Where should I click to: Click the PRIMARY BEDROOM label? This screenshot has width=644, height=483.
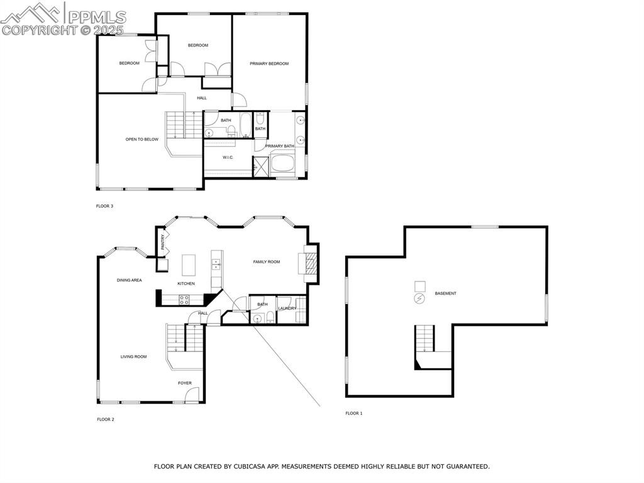269,64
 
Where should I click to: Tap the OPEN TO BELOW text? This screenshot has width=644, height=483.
142,139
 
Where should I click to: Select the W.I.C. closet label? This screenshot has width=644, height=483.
228,157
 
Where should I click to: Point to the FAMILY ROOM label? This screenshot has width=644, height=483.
267,262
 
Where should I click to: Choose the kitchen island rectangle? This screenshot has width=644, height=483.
189,265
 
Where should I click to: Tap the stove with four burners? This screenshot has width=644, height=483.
184,300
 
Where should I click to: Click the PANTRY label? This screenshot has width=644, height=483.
163,242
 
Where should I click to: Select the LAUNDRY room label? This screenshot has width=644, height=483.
287,309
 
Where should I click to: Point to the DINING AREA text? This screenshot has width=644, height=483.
130,280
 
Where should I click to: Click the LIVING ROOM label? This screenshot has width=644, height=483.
133,356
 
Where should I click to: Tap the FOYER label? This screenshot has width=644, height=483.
185,383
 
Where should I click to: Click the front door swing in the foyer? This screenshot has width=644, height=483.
191,395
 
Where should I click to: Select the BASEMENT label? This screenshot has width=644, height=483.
446,293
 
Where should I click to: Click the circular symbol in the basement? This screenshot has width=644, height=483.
419,298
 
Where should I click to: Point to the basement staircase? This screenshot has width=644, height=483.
425,338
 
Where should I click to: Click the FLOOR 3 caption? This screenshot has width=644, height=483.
104,206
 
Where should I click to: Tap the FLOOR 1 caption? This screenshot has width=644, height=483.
354,413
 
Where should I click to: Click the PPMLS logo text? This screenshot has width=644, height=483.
97,17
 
